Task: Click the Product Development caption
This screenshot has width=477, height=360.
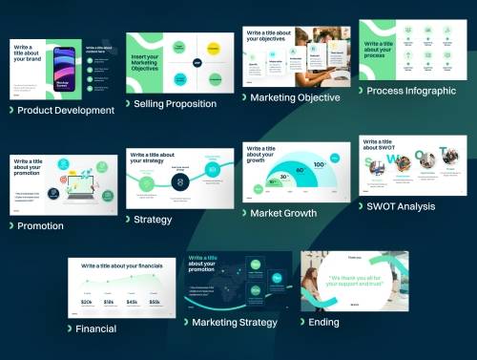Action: tap(65, 111)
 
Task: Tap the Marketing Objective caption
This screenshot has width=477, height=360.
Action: tap(295, 97)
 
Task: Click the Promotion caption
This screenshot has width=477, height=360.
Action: tap(40, 226)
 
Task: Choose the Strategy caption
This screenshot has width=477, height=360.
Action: tap(153, 220)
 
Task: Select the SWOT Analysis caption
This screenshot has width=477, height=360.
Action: tap(402, 206)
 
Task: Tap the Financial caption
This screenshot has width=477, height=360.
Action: tap(96, 329)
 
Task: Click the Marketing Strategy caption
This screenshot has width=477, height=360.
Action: tap(234, 323)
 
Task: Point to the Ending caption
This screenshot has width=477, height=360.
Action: tap(322, 323)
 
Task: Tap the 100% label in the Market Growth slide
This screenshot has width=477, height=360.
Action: tap(320, 165)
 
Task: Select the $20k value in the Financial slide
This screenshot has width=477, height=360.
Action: tap(87, 302)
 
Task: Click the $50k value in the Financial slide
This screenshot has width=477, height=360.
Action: tap(156, 302)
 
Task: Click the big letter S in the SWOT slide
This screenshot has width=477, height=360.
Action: tap(370, 163)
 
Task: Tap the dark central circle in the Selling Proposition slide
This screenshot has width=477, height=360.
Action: tap(197, 63)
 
